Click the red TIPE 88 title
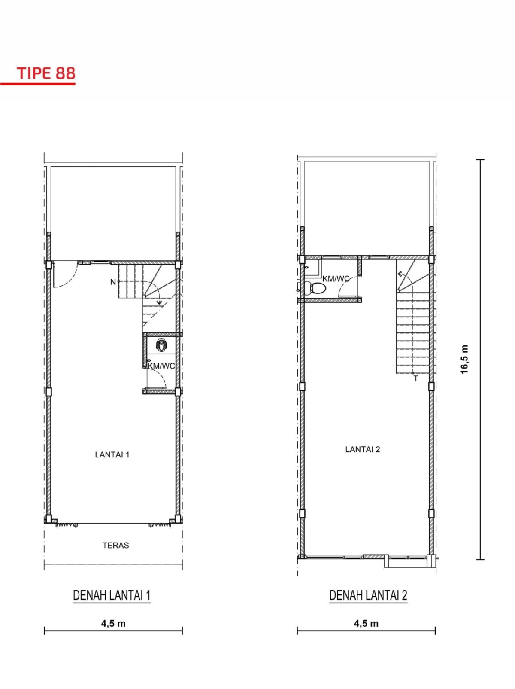click(x=46, y=73)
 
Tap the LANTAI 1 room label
click(x=112, y=454)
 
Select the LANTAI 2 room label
click(x=363, y=449)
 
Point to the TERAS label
click(x=115, y=545)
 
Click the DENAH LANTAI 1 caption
click(x=112, y=595)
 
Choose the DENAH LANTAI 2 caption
click(x=368, y=595)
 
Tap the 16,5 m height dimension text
click(x=464, y=360)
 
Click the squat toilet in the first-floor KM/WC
click(x=161, y=345)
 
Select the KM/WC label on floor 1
click(x=161, y=366)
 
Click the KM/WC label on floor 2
click(x=336, y=278)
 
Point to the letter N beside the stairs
click(x=113, y=282)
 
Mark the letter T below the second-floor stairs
click(x=416, y=379)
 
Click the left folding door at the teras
click(x=67, y=524)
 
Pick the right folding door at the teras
click(x=160, y=524)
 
